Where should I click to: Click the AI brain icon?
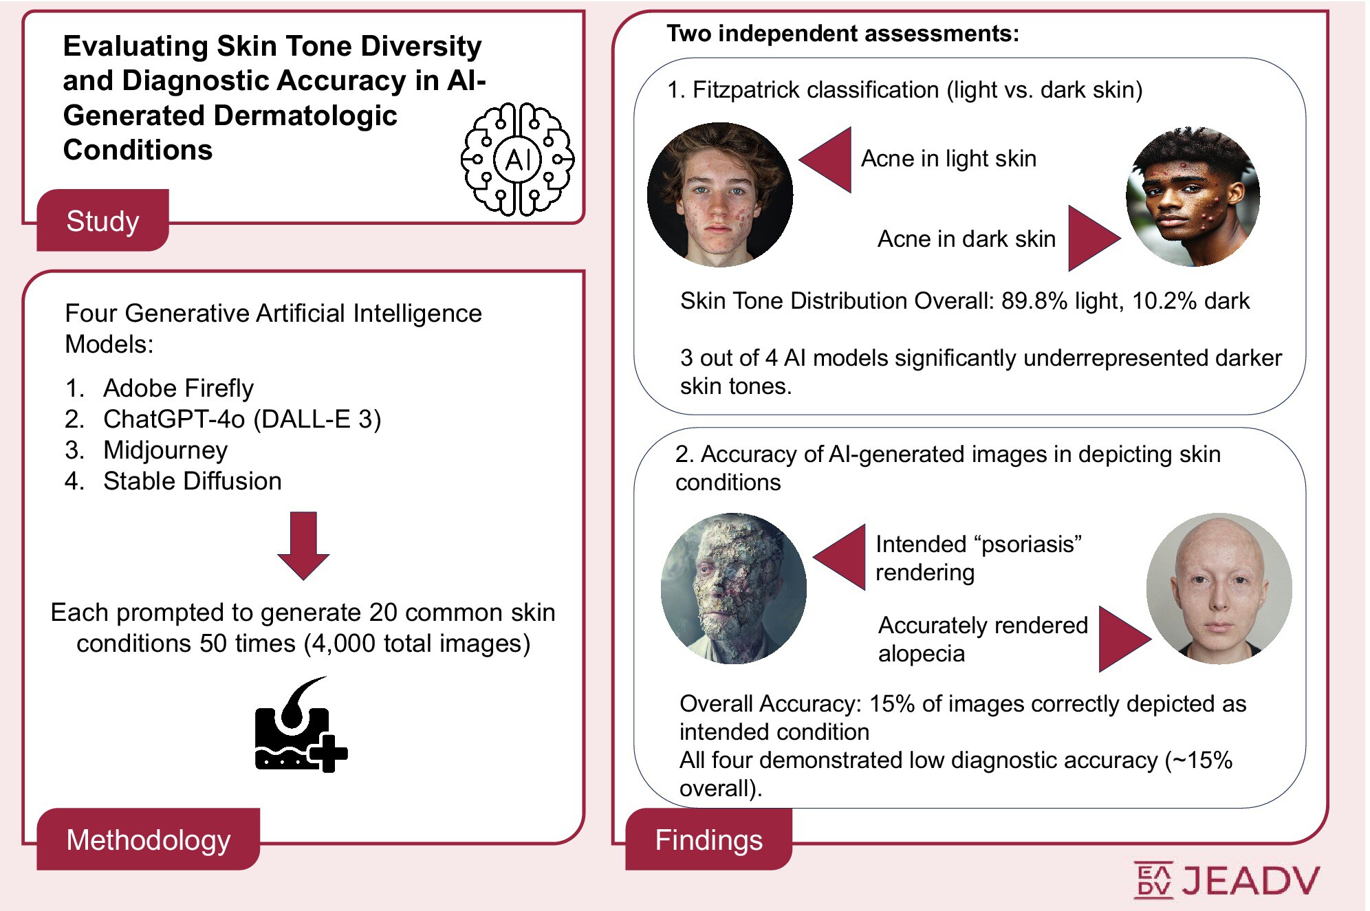pos(517,160)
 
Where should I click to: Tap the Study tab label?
pos(102,221)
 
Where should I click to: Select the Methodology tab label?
pos(148,840)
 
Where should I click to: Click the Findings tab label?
pos(708,840)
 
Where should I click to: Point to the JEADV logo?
pos(1227,880)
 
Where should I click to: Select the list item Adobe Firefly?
pos(178,388)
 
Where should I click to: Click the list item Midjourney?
pos(165,450)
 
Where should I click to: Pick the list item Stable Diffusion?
pos(192,481)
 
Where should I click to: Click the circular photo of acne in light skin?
pos(720,195)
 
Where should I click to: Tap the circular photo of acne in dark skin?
pos(1193,197)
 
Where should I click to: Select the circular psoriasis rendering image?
pos(733,589)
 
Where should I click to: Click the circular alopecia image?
pos(1219,589)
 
